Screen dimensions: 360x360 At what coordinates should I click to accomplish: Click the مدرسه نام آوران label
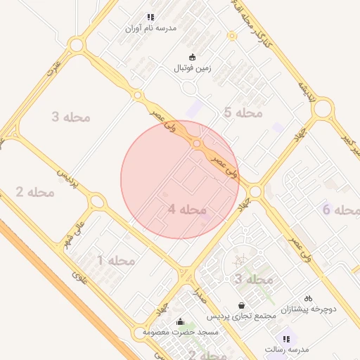click(x=150, y=28)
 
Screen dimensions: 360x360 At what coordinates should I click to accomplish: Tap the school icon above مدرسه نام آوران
click(x=150, y=17)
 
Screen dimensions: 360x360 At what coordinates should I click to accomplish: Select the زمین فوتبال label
click(x=193, y=69)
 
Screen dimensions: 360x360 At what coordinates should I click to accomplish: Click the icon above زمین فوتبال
click(x=193, y=57)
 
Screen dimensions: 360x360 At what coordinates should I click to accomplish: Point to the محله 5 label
click(x=243, y=112)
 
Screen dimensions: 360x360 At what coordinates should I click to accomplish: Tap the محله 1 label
click(x=115, y=261)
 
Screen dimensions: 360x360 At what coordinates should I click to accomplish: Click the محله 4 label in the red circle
click(x=187, y=210)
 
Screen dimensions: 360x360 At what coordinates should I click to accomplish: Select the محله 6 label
click(x=341, y=210)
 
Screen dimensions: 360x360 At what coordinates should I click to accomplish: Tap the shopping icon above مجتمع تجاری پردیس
click(x=242, y=305)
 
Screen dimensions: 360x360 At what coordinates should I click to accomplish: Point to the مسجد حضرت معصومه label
click(x=181, y=331)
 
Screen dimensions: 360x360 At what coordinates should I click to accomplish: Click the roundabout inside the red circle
click(x=198, y=143)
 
